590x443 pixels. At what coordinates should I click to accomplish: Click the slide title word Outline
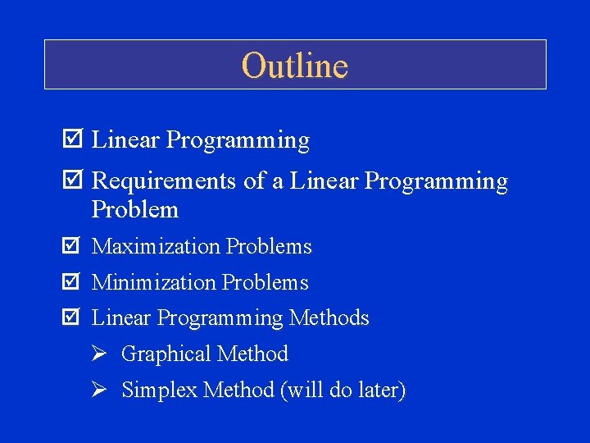click(295, 66)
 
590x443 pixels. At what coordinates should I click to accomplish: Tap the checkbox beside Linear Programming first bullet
click(71, 140)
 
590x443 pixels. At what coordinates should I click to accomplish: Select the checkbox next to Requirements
click(71, 180)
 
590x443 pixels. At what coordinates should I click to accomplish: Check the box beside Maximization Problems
click(71, 246)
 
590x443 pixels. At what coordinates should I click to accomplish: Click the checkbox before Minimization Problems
click(71, 282)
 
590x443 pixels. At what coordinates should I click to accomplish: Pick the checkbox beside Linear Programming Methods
click(71, 317)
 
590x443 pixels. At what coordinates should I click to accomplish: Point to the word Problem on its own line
click(135, 210)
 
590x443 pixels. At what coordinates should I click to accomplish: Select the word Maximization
click(157, 246)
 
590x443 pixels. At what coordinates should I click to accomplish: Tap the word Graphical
click(160, 354)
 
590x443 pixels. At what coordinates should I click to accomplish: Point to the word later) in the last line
click(379, 390)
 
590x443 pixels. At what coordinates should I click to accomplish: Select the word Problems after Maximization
click(270, 246)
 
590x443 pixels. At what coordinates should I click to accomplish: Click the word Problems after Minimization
click(266, 282)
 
